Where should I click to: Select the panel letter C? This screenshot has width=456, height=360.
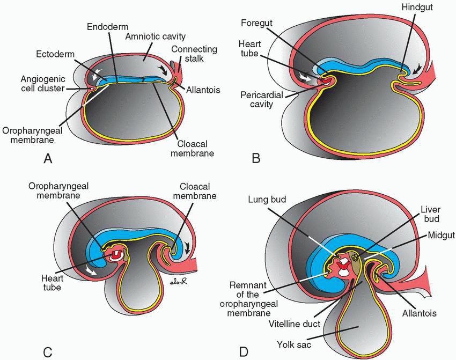(48, 352)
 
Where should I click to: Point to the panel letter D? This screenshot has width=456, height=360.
(244, 352)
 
